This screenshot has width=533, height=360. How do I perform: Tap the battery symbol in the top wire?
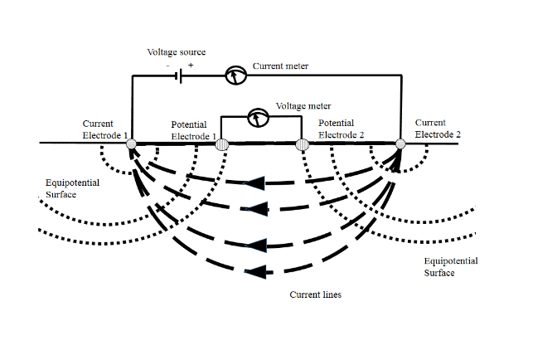[x=178, y=75]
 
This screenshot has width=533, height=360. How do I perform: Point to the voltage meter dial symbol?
[x=259, y=118]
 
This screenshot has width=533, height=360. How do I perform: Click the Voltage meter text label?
[x=304, y=106]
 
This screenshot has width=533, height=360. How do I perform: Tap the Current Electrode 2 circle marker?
[x=400, y=145]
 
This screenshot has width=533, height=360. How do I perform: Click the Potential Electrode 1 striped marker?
[x=222, y=145]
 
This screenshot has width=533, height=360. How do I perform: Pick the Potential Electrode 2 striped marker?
[x=303, y=145]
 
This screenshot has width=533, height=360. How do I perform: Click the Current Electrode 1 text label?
[x=104, y=128]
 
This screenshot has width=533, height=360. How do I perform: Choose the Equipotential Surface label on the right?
[x=450, y=266]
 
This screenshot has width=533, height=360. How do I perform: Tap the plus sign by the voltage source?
[x=191, y=65]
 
